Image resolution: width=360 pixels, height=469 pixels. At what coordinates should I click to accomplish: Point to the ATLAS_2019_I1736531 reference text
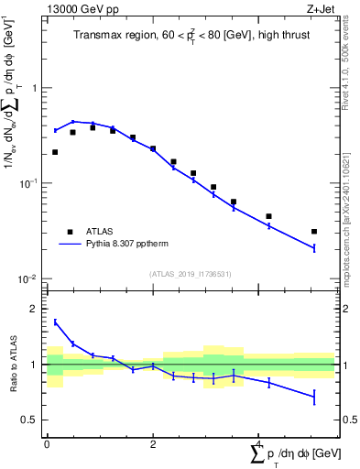(191, 274)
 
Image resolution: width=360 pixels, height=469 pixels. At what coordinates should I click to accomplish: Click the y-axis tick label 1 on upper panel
(35, 89)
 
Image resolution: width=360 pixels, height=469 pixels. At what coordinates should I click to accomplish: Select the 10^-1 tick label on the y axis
(29, 183)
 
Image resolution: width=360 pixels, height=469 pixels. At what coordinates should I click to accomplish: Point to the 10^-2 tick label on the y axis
(29, 278)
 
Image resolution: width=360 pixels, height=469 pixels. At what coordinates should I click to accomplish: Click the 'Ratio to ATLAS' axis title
(12, 364)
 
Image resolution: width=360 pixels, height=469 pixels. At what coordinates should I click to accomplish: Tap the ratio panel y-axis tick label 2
(35, 310)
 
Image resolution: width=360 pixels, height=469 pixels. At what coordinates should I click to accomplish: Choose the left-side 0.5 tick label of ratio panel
(31, 420)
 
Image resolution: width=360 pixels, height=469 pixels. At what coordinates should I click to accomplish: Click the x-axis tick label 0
(46, 444)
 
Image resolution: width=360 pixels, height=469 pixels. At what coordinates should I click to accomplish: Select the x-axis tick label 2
(153, 444)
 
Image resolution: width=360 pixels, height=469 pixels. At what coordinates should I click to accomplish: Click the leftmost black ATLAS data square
(55, 152)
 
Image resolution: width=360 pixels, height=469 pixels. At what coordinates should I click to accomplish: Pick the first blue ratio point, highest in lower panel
(55, 322)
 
